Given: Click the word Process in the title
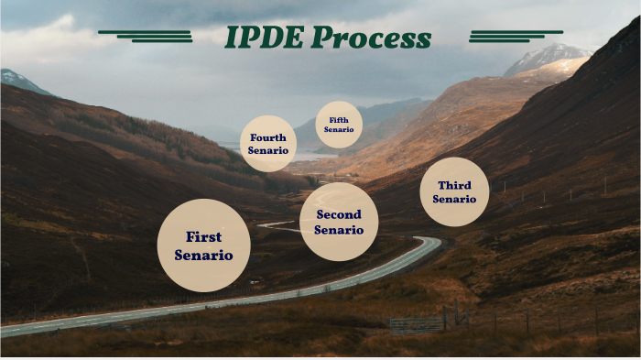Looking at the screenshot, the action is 370,38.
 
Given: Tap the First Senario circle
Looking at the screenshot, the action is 203,245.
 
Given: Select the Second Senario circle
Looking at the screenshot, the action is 339,222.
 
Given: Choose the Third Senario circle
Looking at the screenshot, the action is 454,191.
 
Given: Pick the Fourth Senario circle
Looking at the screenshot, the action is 268,144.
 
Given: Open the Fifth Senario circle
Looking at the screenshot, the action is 339,125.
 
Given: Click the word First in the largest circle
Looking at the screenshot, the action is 203,236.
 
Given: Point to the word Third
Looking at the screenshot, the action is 454,185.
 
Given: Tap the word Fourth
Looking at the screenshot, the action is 268,137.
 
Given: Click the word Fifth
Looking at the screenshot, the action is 339,120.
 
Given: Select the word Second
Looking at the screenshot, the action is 339,214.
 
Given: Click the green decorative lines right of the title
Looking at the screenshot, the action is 503,35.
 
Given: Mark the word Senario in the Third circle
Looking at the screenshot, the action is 454,199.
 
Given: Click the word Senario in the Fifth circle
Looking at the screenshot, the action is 339,130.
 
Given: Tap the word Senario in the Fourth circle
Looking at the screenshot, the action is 268,150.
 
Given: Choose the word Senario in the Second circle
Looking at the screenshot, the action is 339,229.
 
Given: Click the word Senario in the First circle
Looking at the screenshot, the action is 203,255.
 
